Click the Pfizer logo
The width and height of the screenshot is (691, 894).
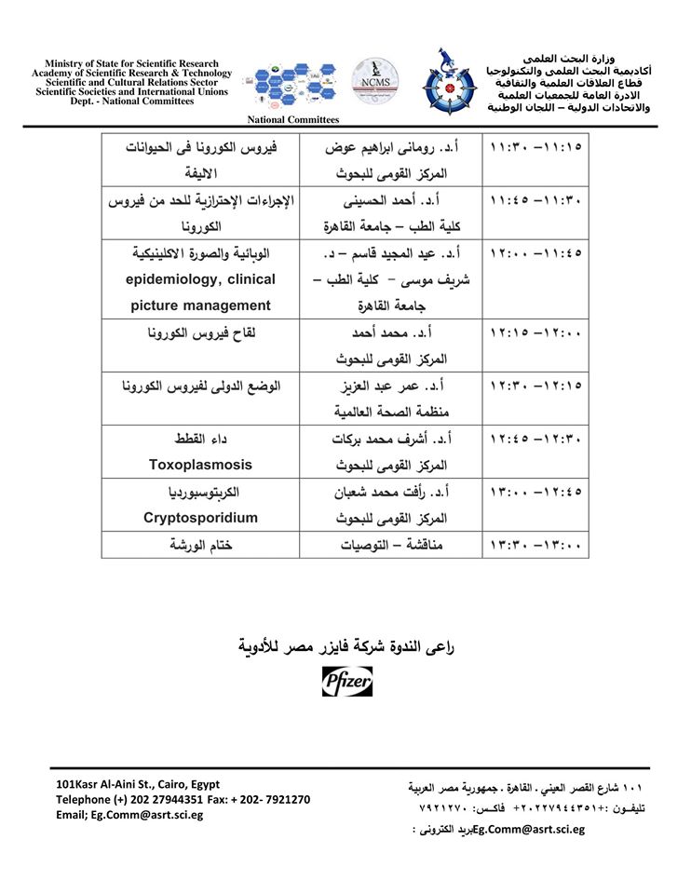346,684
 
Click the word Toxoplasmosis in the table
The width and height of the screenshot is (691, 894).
202,464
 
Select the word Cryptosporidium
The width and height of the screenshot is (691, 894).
202,517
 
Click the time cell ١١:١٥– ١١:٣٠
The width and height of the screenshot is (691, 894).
535,147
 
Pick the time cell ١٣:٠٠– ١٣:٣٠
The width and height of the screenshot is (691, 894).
535,545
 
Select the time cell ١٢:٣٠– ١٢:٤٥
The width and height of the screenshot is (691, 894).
535,439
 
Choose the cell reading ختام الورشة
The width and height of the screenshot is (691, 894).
202,545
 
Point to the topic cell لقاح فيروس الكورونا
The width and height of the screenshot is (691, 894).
202,332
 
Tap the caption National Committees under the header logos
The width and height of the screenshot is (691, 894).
293,119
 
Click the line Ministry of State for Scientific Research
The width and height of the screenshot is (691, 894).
131,63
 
